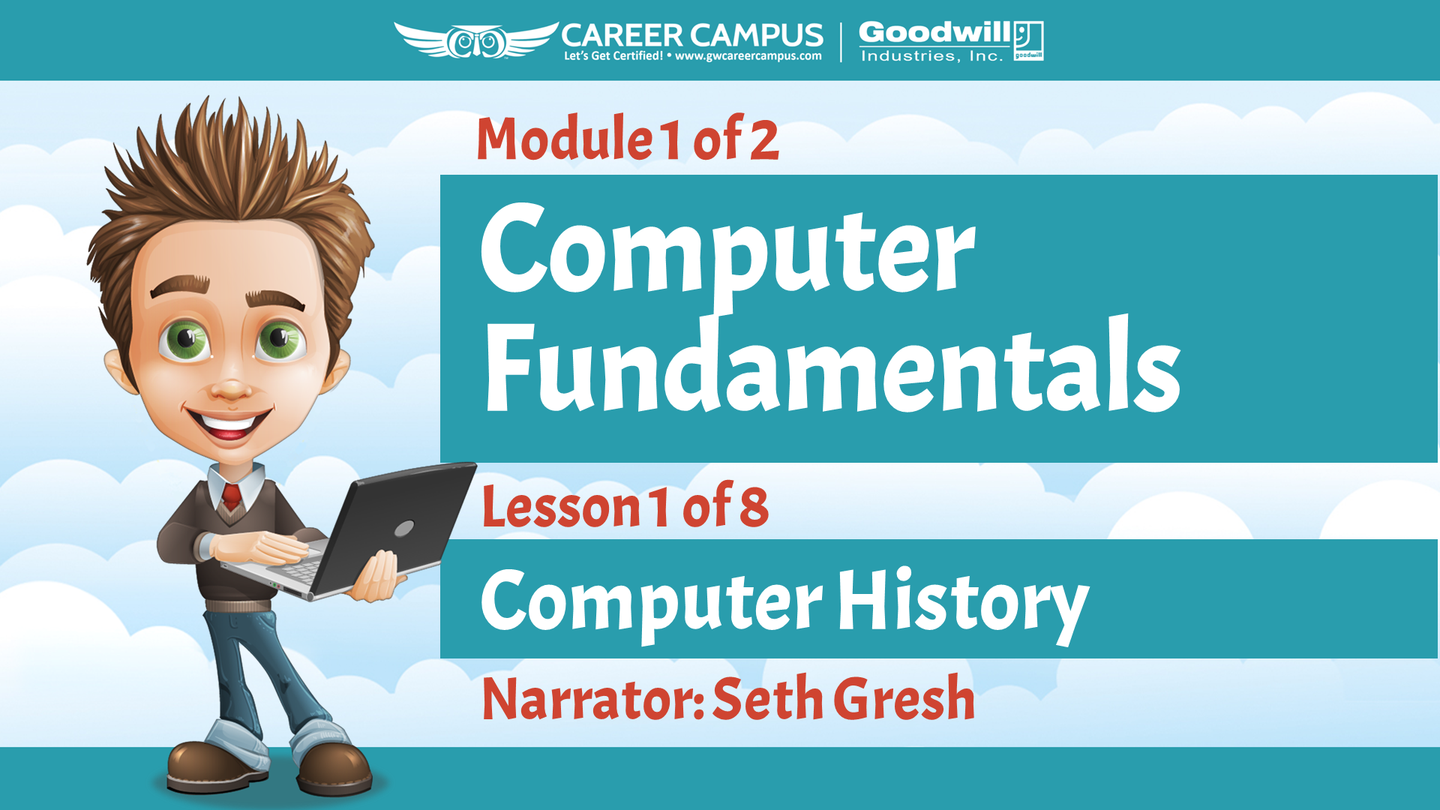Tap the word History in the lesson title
(x=963, y=604)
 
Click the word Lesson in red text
(x=561, y=506)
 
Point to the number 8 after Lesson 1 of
(x=754, y=507)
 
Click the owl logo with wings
(x=476, y=40)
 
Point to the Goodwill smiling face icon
(x=1028, y=40)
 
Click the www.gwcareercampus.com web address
(x=748, y=56)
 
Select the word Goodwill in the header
(x=934, y=32)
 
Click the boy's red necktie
(x=231, y=496)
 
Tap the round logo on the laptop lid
(x=404, y=529)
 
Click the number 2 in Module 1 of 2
(x=764, y=139)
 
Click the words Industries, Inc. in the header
(x=931, y=56)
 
